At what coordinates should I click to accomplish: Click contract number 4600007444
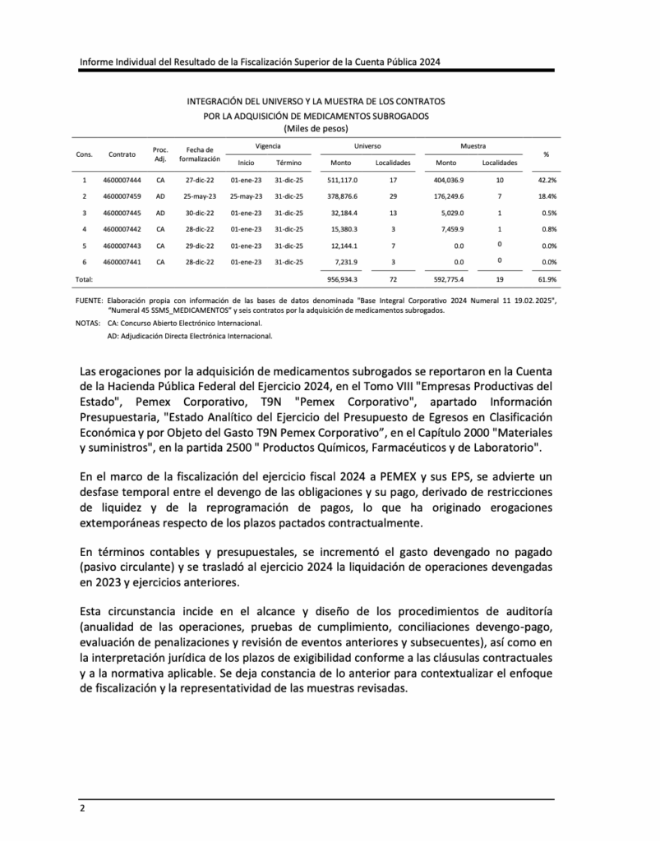coord(122,179)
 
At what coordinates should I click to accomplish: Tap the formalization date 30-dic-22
coord(200,214)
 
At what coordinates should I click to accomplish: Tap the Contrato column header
coord(122,154)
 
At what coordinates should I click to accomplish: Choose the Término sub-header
coord(288,163)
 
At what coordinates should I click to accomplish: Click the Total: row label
coord(84,279)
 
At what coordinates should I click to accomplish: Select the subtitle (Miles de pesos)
coord(316,128)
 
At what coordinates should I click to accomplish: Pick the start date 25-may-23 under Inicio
coord(246,197)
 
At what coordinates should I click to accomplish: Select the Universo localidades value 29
coord(393,197)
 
